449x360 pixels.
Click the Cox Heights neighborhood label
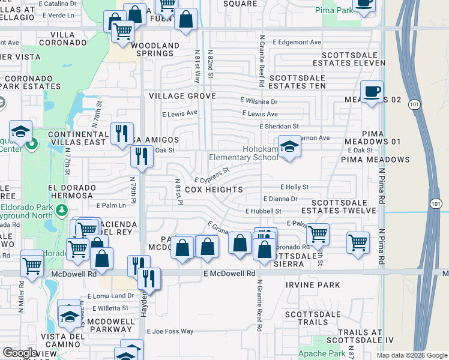(x=214, y=190)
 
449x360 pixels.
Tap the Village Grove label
(x=182, y=96)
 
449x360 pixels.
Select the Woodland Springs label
(x=155, y=50)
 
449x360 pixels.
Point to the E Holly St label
(x=294, y=187)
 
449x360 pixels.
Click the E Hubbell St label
(x=263, y=211)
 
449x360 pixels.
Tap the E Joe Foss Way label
(x=170, y=331)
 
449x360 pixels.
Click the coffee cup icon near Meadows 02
(x=372, y=91)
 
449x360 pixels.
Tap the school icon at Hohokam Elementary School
(x=289, y=148)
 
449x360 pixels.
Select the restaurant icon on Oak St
(x=142, y=157)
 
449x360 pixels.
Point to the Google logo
(x=20, y=352)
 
